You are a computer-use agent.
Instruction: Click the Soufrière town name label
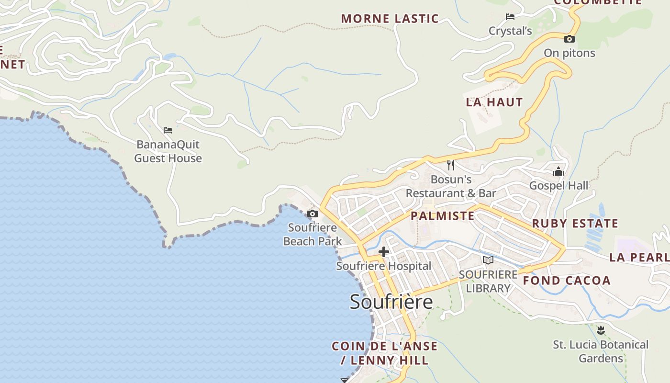[x=391, y=302]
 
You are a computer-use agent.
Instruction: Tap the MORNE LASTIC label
[x=390, y=19]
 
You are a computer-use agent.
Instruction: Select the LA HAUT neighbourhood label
[x=494, y=102]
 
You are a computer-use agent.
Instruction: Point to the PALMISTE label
[x=443, y=216]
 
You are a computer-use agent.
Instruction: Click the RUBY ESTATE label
[x=575, y=224]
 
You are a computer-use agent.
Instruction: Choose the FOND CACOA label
[x=567, y=281]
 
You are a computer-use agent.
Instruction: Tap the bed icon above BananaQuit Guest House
[x=167, y=130]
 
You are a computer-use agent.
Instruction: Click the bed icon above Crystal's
[x=510, y=17]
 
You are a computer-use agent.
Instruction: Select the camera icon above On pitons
[x=569, y=39]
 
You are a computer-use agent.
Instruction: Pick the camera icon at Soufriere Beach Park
[x=313, y=214]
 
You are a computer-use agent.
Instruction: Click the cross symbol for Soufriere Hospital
[x=383, y=252]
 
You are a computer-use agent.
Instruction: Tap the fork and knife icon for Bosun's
[x=450, y=165]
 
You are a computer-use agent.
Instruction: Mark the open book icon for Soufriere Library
[x=488, y=260]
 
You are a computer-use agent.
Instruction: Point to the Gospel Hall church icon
[x=558, y=172]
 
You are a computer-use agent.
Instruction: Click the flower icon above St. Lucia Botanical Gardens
[x=601, y=330]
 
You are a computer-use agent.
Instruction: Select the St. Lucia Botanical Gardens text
[x=601, y=351]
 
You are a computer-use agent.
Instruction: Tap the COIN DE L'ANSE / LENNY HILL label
[x=384, y=353]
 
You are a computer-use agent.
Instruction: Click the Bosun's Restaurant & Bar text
[x=451, y=186]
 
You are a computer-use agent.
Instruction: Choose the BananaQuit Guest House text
[x=168, y=151]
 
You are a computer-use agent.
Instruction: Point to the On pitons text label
[x=569, y=53]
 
